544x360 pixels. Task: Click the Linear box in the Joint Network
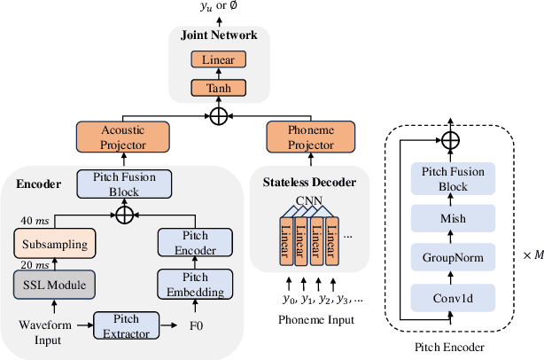[218, 59]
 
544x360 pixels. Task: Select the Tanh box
[218, 88]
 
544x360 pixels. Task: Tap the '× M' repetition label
[530, 255]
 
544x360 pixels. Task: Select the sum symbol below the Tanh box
[218, 115]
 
